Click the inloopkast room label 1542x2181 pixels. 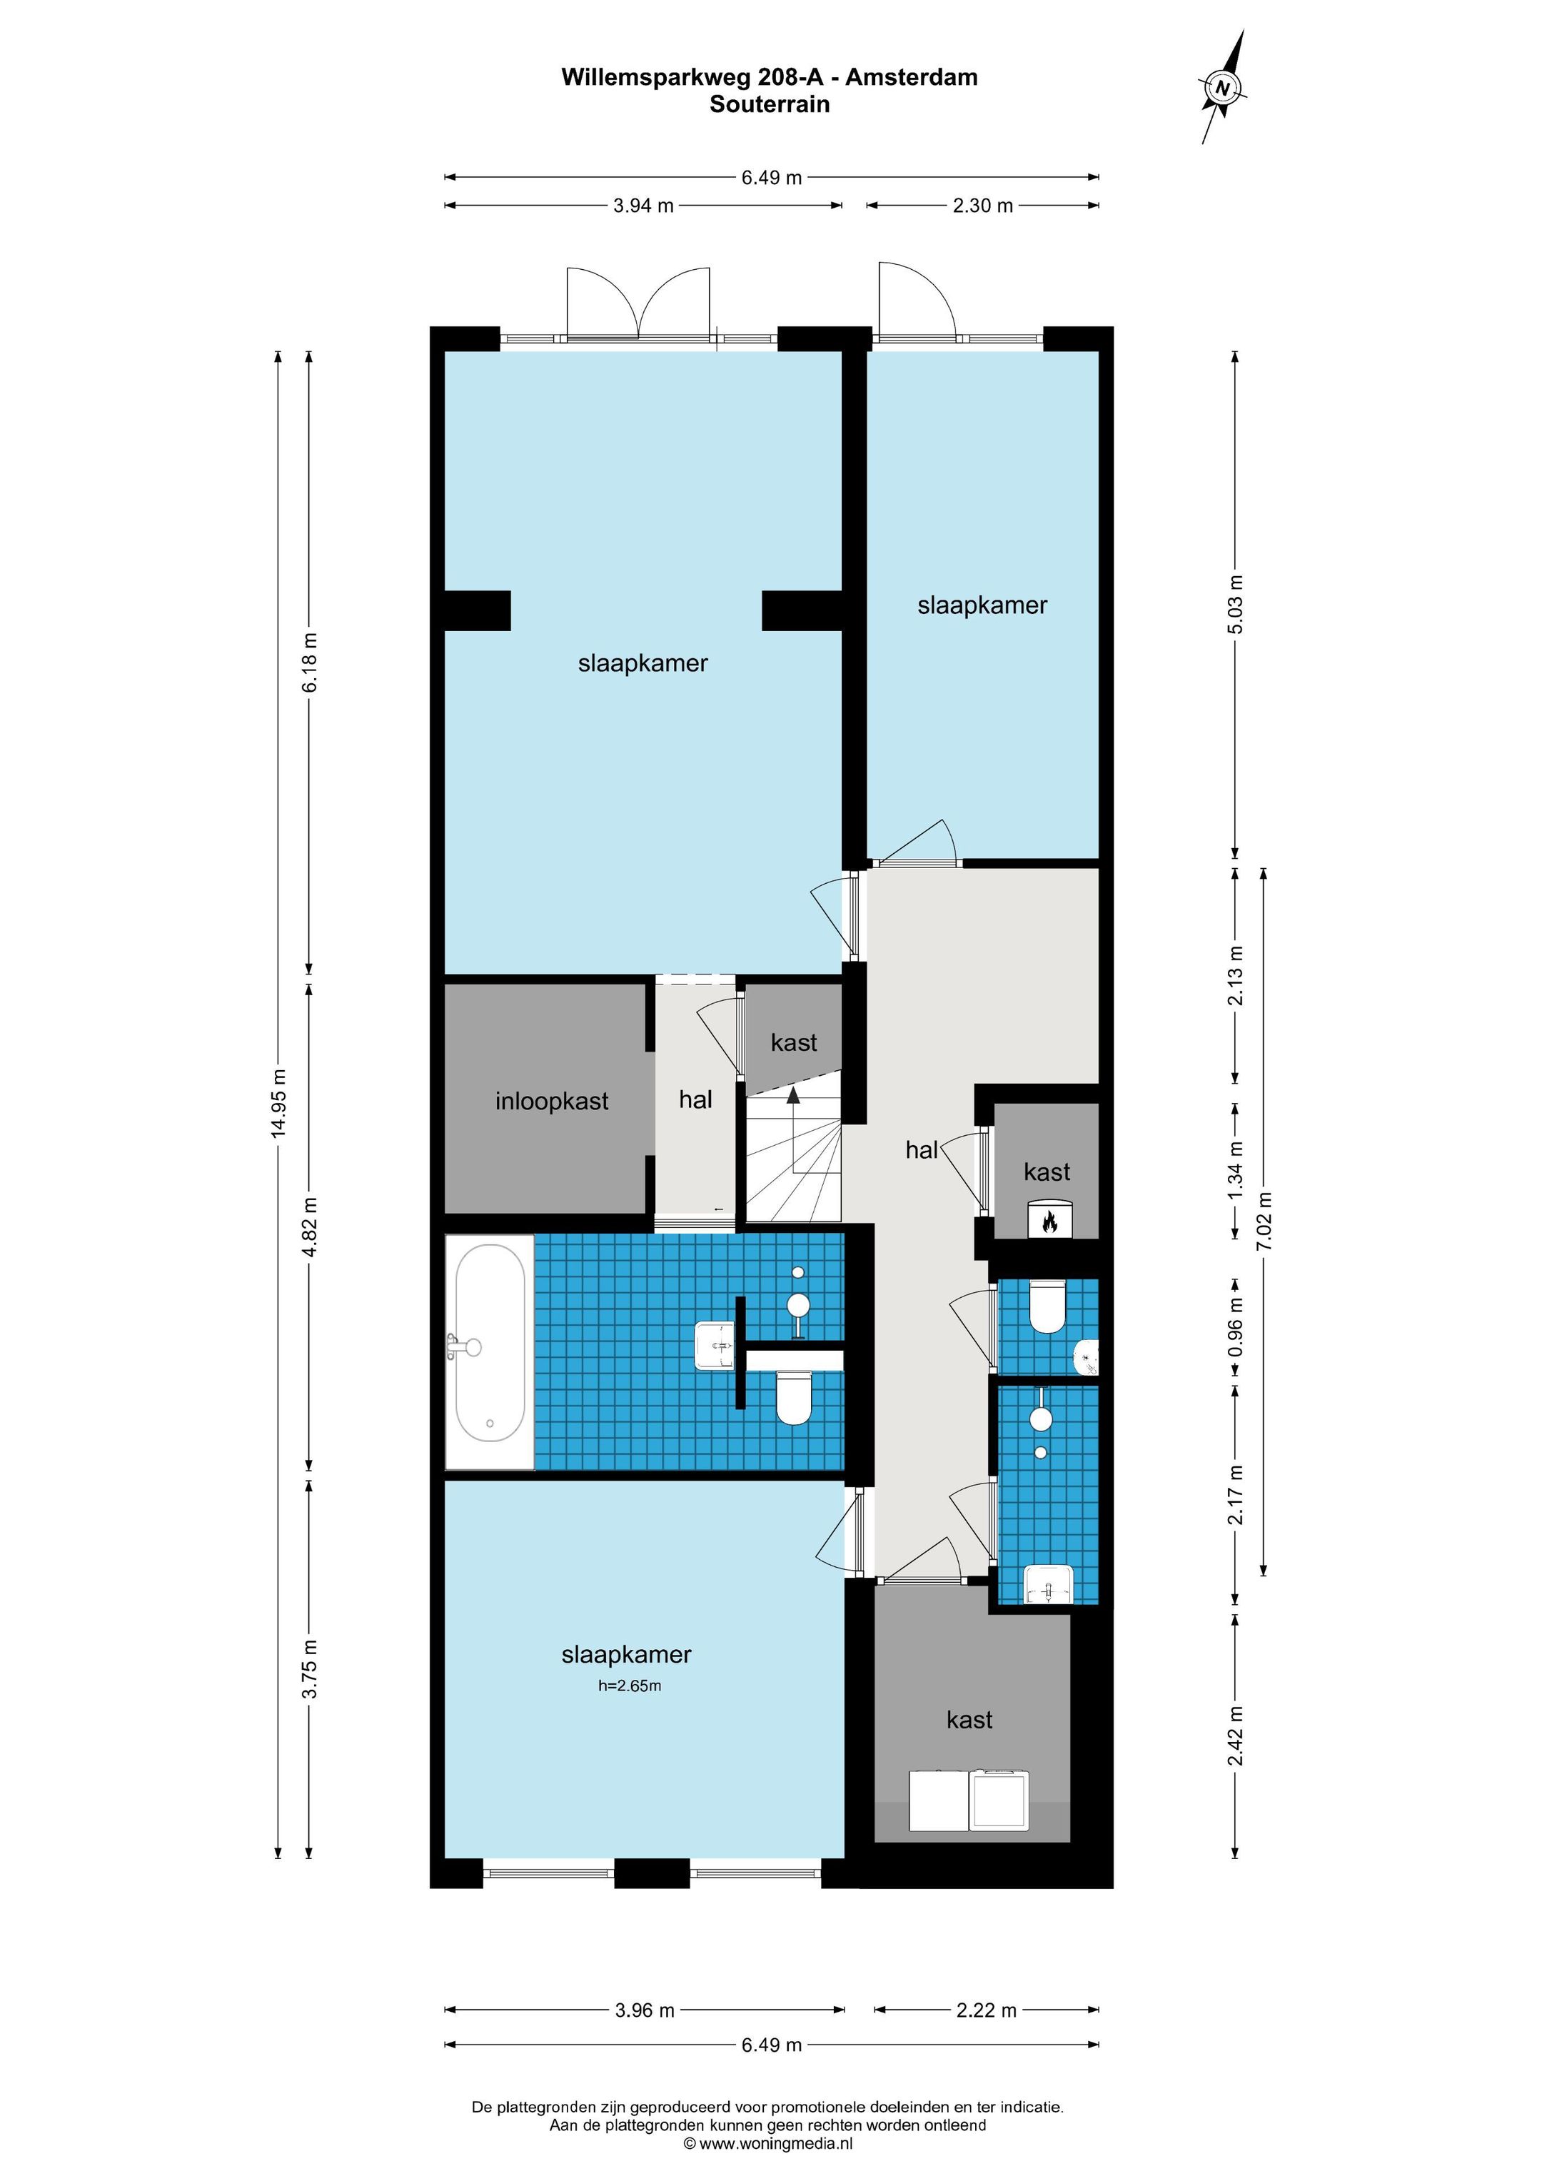551,1102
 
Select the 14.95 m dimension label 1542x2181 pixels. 278,1103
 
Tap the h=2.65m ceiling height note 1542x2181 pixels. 628,1686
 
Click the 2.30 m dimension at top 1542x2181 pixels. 982,205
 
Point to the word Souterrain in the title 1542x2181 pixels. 770,104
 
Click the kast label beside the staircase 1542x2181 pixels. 793,1043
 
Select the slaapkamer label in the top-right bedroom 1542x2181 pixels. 982,606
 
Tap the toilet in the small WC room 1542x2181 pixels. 1049,1307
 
